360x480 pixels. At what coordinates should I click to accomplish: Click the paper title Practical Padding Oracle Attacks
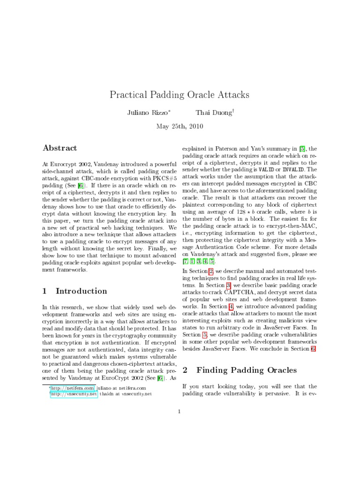180,95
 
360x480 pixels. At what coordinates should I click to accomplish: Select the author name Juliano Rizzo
147,113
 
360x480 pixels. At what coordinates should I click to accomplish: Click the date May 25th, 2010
180,126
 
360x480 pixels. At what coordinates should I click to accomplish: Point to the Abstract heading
60,148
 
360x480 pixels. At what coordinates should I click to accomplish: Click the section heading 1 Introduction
75,291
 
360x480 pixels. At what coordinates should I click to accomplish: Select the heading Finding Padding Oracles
246,370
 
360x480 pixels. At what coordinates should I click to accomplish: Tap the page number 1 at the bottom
180,412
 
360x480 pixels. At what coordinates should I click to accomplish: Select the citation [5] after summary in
302,148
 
